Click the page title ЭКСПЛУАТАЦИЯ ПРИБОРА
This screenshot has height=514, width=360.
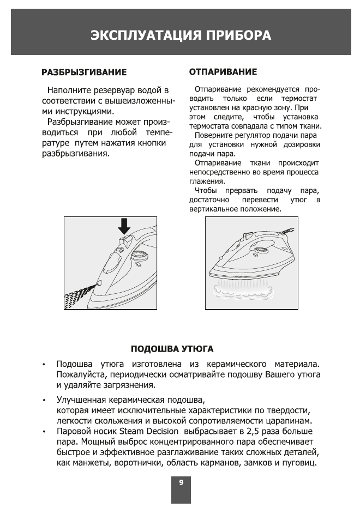(181, 36)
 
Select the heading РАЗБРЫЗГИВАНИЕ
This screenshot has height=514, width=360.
(85, 72)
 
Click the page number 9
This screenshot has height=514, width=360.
(181, 482)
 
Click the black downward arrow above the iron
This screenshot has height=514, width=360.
(124, 225)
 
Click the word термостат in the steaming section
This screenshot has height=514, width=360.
(299, 99)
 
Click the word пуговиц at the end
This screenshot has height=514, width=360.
(301, 463)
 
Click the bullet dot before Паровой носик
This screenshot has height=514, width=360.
(44, 432)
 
